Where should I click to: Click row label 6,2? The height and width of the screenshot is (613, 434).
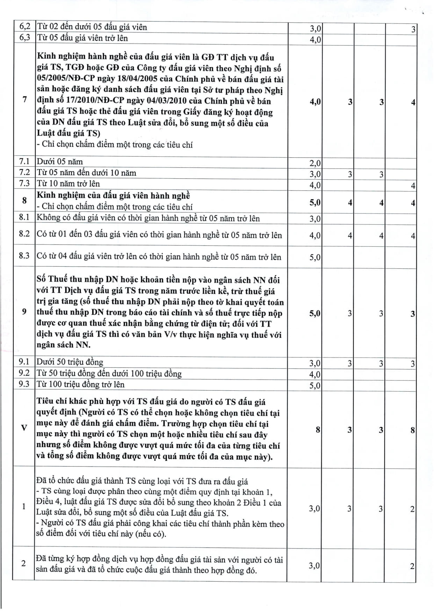(x=24, y=27)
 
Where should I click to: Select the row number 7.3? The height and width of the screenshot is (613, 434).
(x=24, y=183)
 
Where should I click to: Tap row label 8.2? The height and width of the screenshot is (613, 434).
(x=24, y=234)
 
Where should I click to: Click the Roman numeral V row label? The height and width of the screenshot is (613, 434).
(x=24, y=428)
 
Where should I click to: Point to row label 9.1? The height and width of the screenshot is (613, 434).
(x=24, y=362)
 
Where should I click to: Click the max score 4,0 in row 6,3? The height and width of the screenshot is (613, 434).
(x=315, y=39)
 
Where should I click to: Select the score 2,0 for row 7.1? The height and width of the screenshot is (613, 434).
(x=315, y=163)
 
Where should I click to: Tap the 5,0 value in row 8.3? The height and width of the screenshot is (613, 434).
(x=315, y=257)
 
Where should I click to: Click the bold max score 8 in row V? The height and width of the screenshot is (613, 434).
(x=318, y=430)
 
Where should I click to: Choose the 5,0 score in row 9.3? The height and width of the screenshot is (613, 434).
(x=315, y=385)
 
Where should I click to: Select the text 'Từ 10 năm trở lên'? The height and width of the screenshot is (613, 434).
(x=68, y=183)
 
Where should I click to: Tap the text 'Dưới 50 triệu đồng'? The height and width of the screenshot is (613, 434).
(x=70, y=362)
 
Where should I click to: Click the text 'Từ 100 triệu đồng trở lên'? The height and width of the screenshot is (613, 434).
(x=81, y=384)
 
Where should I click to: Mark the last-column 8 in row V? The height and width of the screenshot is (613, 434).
(x=413, y=430)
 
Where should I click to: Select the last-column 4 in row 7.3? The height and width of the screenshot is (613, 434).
(x=413, y=186)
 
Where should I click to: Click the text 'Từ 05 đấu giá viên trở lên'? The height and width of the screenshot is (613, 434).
(x=82, y=38)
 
